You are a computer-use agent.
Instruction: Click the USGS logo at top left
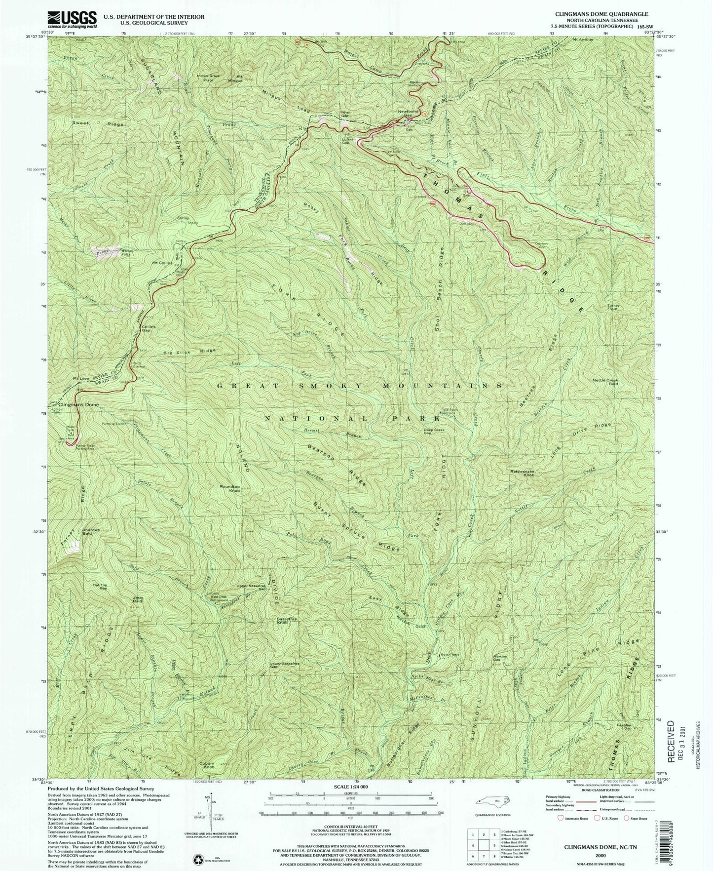coord(72,19)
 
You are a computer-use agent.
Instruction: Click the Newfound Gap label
coord(409,113)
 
